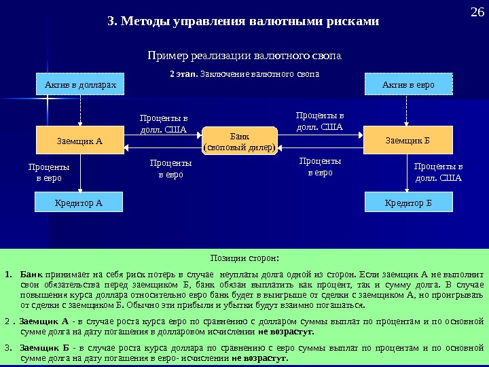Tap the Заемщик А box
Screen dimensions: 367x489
80,141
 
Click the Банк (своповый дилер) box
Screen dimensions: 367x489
240,141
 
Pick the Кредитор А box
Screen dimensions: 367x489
80,202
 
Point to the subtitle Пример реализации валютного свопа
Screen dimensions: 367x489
244,54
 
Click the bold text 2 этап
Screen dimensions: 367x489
184,72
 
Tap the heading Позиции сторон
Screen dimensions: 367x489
244,258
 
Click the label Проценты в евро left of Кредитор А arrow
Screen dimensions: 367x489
48,172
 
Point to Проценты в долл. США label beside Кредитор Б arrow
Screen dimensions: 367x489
438,172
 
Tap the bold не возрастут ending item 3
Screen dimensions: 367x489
259,357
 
